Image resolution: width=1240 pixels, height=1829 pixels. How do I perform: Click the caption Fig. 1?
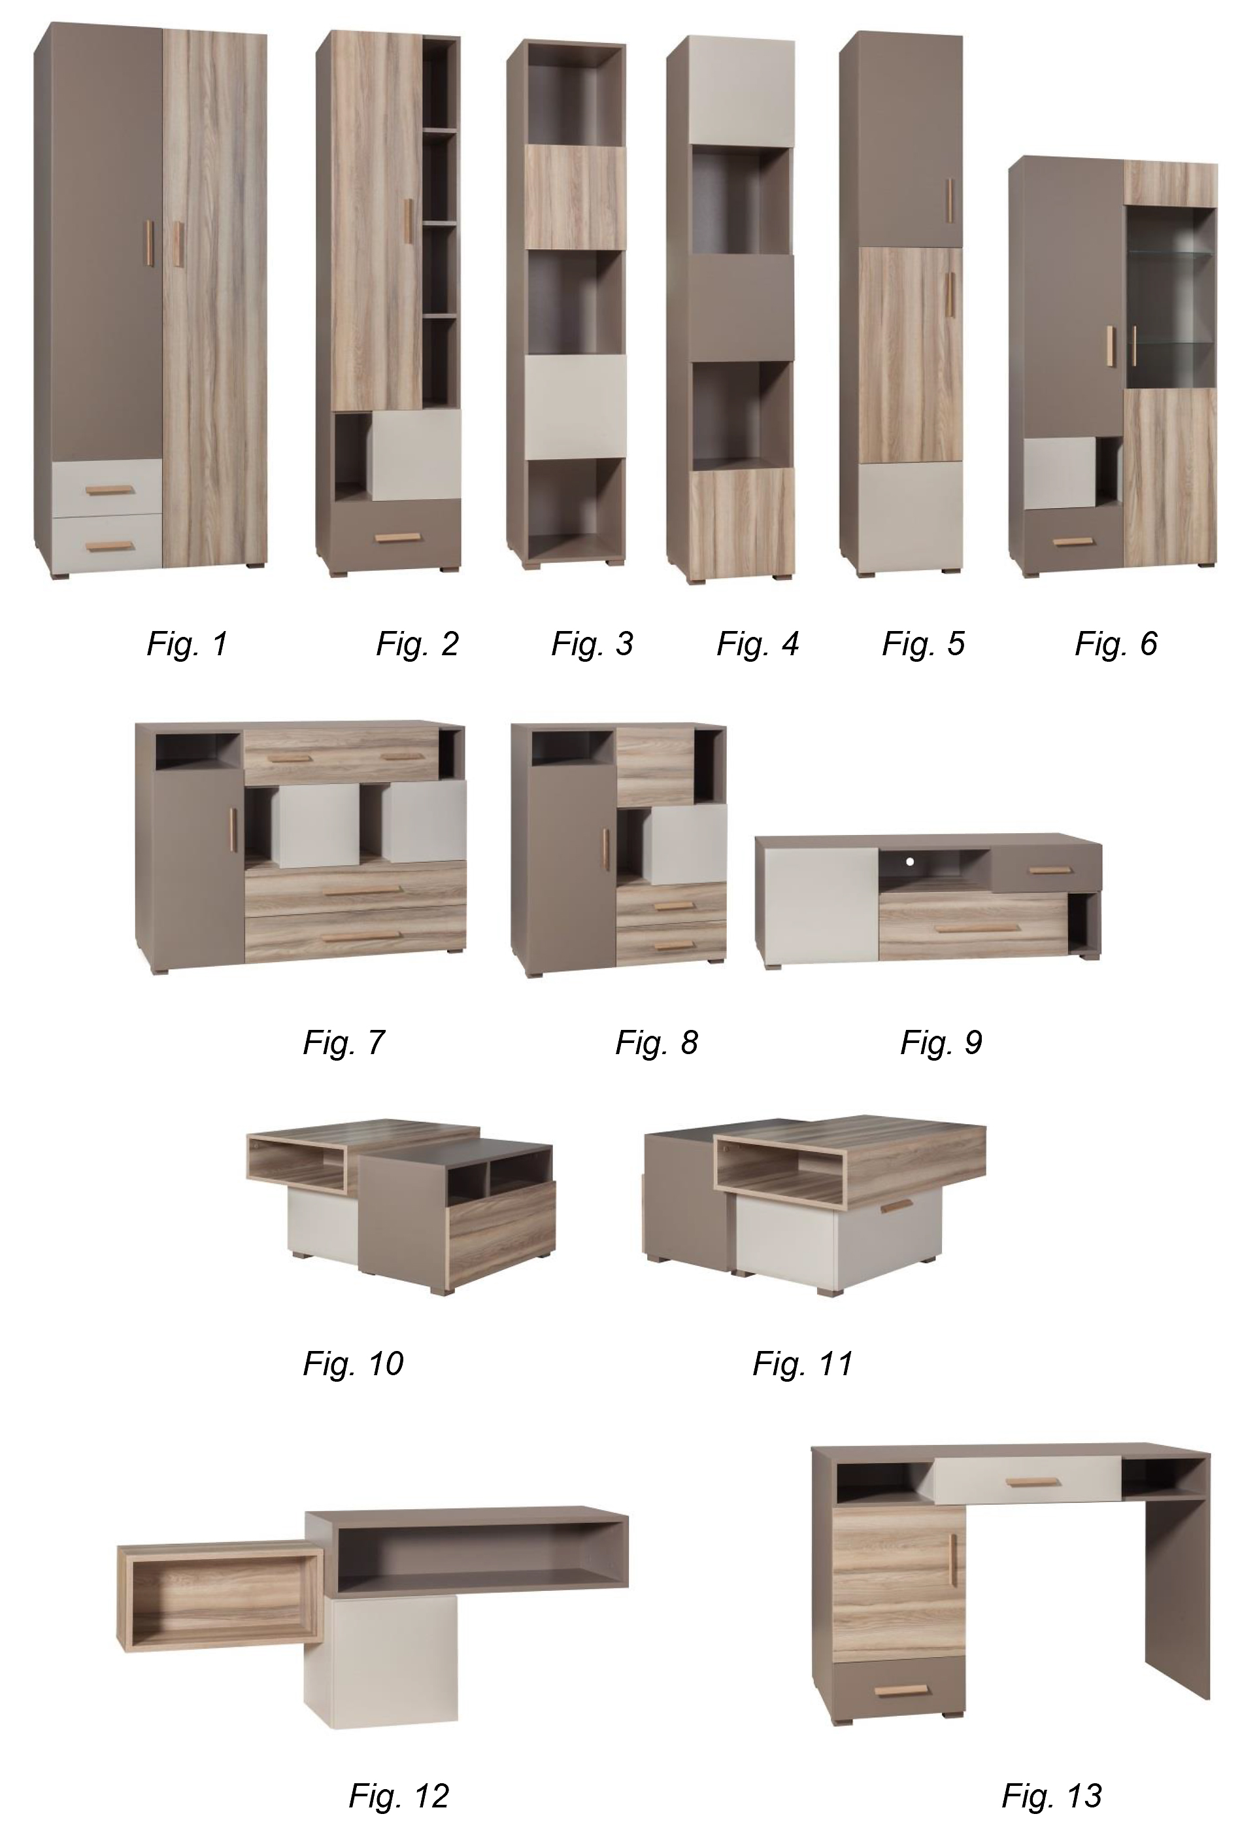(187, 643)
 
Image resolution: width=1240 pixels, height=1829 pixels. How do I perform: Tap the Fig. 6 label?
(1116, 643)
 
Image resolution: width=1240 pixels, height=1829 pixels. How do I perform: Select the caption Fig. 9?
(941, 1042)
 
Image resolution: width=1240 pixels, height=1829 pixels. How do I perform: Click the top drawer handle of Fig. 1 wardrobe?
(111, 490)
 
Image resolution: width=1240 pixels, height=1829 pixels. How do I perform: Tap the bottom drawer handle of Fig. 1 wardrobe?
(111, 547)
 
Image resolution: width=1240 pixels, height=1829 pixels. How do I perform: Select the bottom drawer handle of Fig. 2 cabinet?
(399, 538)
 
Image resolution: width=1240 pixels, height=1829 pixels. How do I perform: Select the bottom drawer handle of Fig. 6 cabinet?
(1073, 541)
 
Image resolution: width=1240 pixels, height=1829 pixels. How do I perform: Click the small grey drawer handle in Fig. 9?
(1051, 870)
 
